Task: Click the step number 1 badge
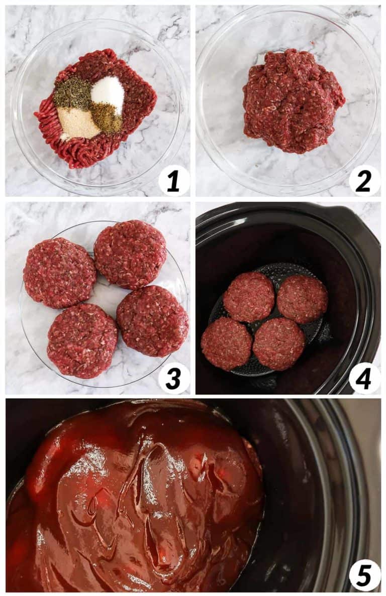tap(173, 181)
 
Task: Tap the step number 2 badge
tap(364, 181)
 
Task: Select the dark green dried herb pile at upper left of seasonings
tap(72, 93)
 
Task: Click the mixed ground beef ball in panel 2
tap(293, 100)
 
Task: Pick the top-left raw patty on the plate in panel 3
tap(59, 273)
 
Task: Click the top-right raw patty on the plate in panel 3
tap(130, 254)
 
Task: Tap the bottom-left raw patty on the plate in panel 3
tap(82, 340)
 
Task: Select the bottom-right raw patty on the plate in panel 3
tap(152, 320)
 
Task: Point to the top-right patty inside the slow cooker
tap(303, 299)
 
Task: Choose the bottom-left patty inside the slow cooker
tap(226, 343)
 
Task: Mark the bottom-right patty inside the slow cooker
tap(278, 344)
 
